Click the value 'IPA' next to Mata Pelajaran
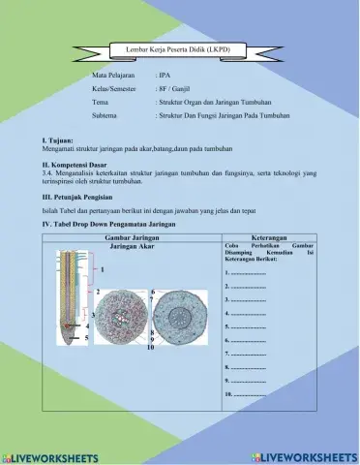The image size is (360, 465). point(164,74)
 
